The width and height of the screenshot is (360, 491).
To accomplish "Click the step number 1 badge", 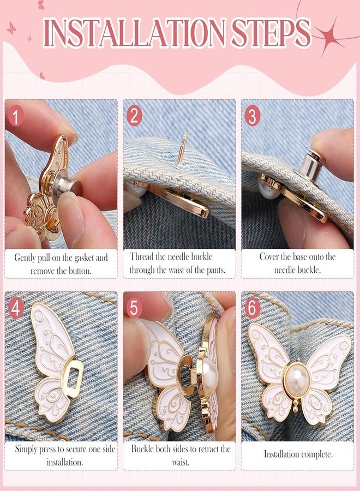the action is point(15,117).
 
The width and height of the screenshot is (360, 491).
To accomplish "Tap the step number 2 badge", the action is point(134,116).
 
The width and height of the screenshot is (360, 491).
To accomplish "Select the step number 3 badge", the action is point(253,116).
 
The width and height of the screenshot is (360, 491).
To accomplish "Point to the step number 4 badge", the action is point(16,308).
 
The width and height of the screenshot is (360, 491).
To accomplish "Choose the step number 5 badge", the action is point(134,308).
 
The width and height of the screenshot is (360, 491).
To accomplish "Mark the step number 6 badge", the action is point(253,308).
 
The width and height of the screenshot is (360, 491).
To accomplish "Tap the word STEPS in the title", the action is point(271,33).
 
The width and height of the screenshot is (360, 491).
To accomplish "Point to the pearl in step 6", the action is point(297,380).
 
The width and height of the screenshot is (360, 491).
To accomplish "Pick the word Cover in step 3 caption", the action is point(269,257).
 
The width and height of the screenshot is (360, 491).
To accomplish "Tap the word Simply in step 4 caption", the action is point(26,450).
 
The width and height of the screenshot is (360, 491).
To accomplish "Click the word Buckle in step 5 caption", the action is point(143,449).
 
